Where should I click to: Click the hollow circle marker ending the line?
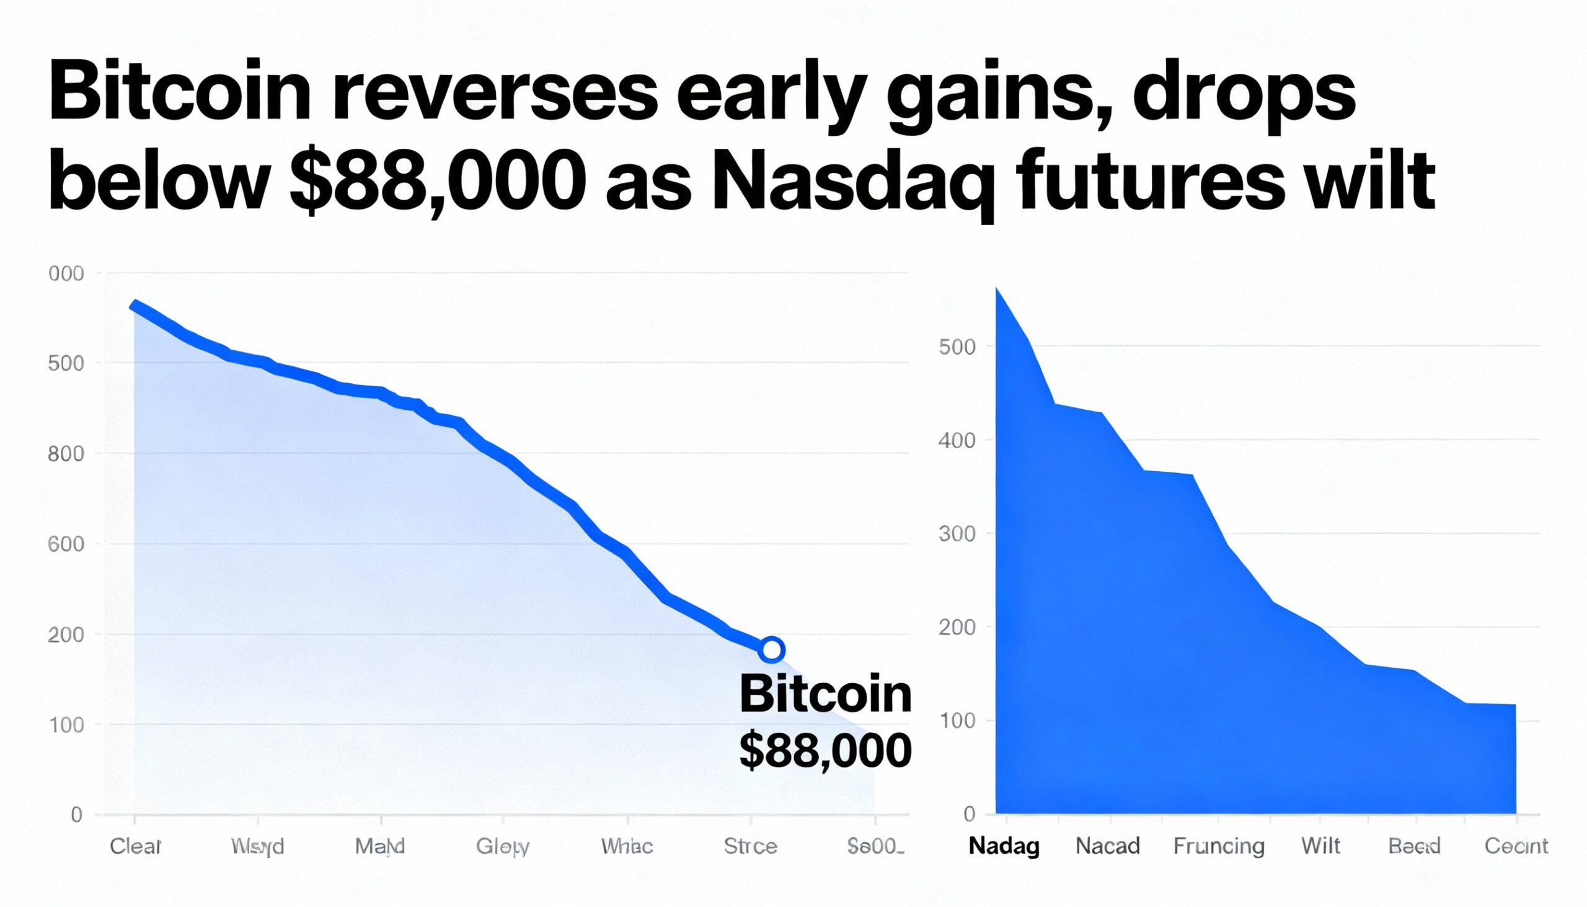771,650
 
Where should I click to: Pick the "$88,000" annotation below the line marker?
825,751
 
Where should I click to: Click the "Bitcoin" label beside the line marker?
825,694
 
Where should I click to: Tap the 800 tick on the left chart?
65,454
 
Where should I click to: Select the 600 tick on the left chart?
65,544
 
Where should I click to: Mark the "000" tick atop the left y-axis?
65,273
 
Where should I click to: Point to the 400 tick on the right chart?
957,440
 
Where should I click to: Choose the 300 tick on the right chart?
957,534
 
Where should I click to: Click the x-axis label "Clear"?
136,846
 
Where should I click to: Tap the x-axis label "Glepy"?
503,846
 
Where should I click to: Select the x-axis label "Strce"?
751,846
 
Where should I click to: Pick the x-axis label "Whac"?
627,846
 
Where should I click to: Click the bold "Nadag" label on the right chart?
1004,846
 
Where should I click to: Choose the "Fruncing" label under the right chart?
1219,846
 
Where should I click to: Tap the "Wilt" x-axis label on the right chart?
1321,846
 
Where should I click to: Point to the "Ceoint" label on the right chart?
1516,846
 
